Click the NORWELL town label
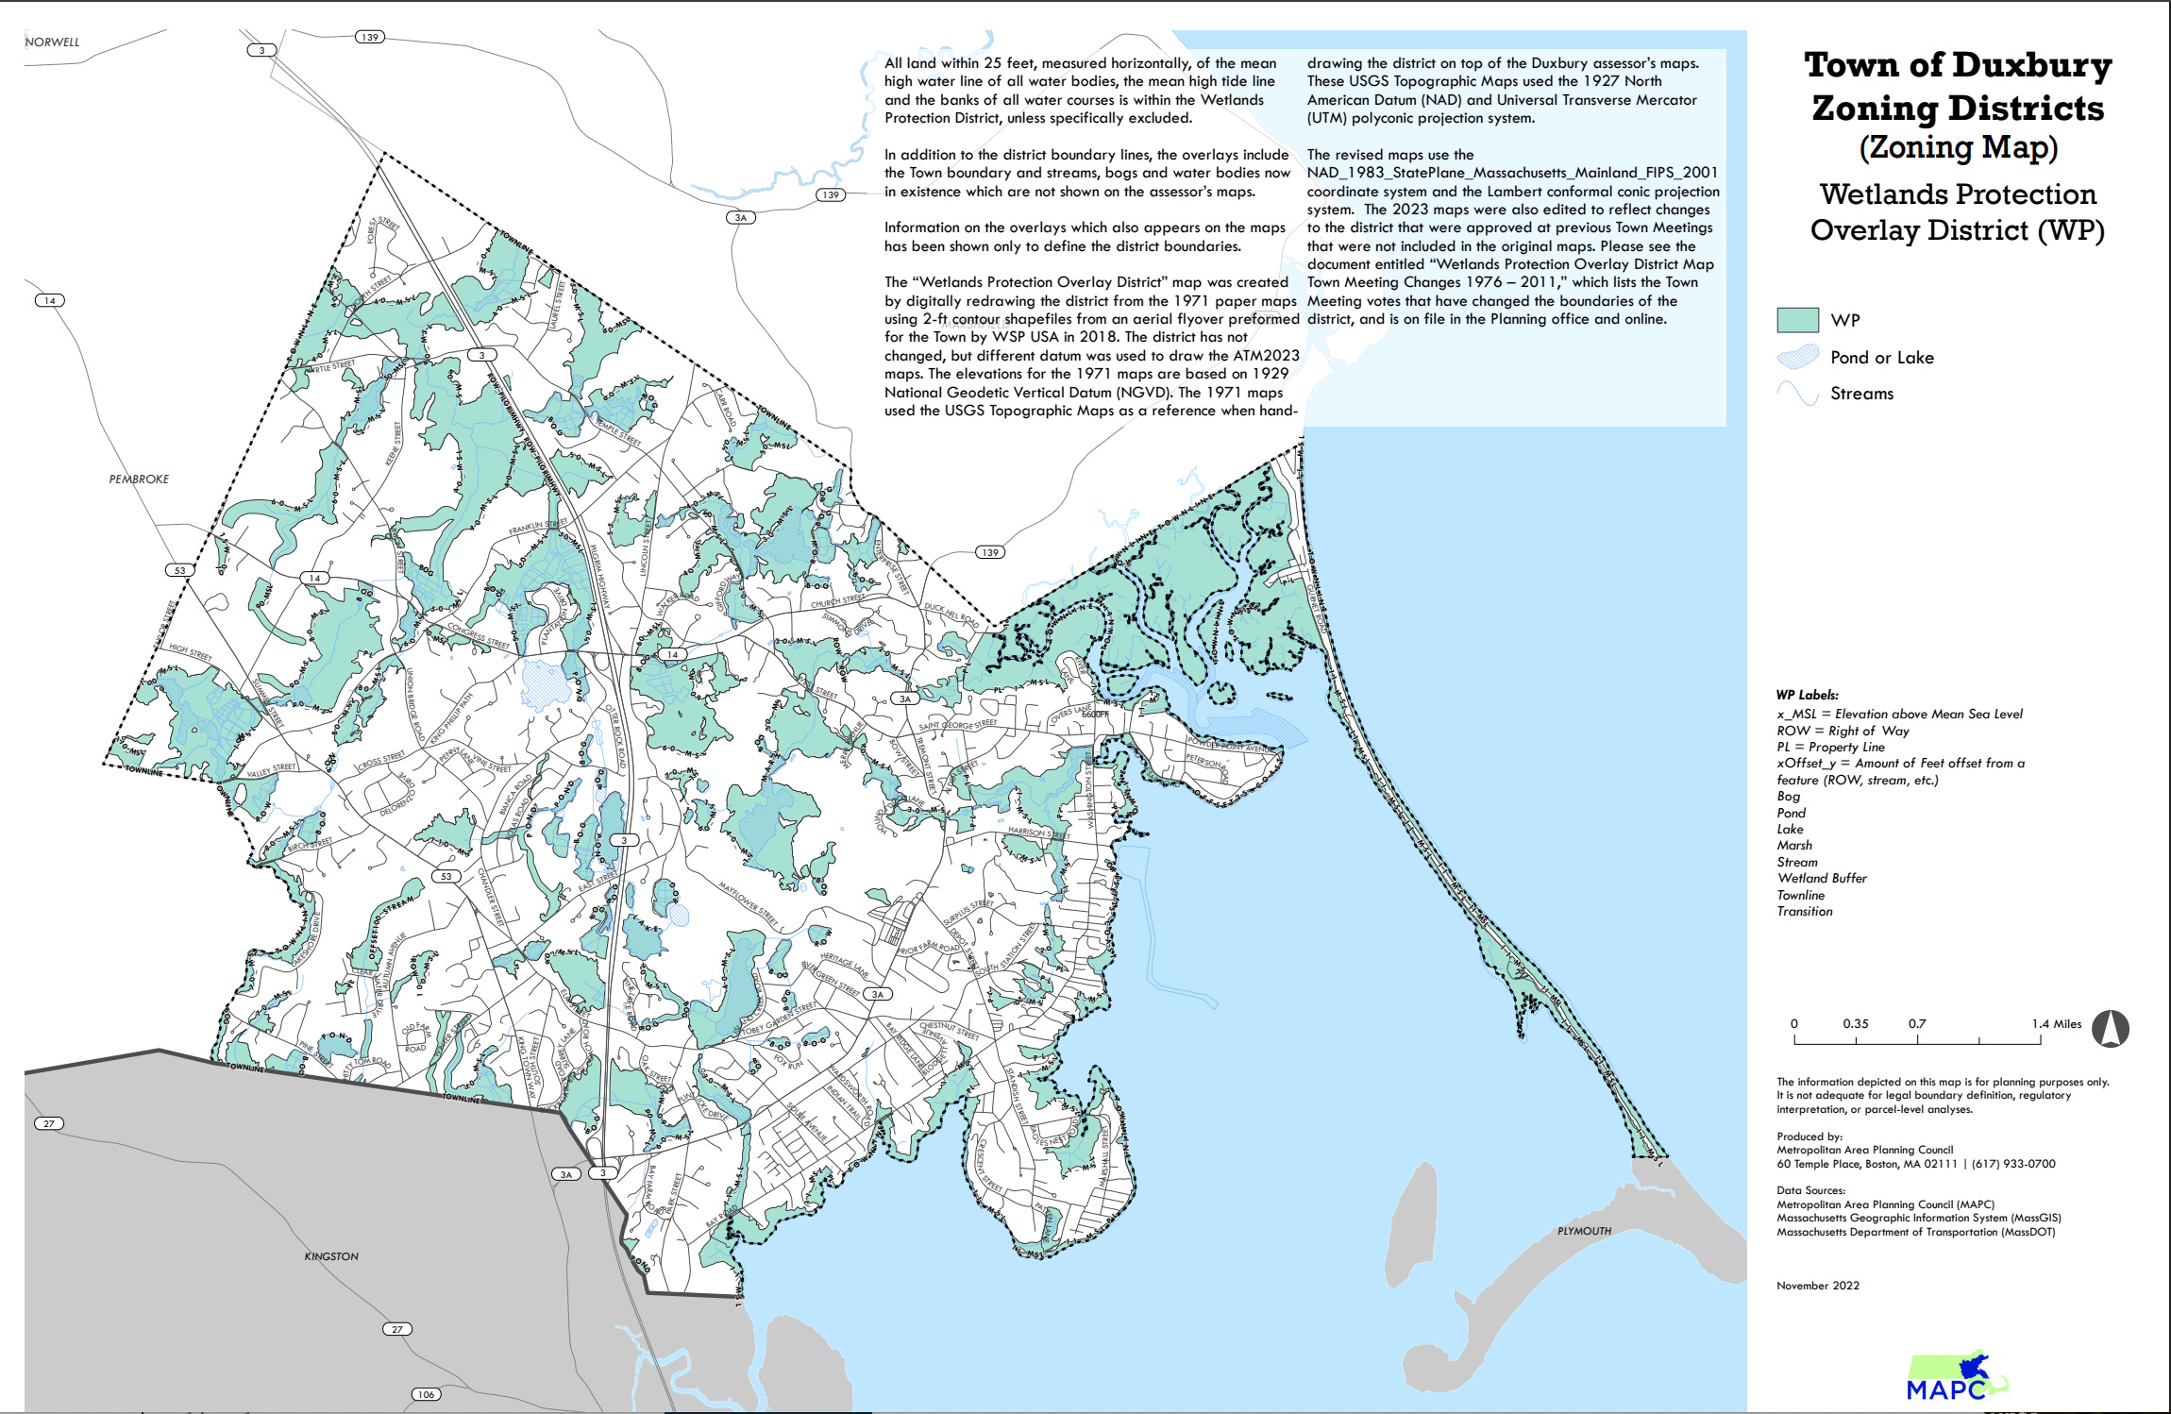point(52,42)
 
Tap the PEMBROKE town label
point(139,479)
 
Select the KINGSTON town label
point(331,1256)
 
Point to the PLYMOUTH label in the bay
point(1584,1231)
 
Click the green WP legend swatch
point(1797,320)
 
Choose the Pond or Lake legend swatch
point(1797,357)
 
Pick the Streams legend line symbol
point(1797,394)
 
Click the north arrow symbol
point(2110,1029)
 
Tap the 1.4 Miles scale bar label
point(2056,1023)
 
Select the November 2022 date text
point(1817,1286)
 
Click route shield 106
point(426,1394)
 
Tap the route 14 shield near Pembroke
point(50,300)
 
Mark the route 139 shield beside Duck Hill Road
point(989,552)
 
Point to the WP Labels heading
point(1807,695)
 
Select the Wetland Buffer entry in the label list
point(1821,878)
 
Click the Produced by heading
point(1809,1136)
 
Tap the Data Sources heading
point(1810,1190)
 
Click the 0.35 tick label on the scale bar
point(1855,1023)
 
